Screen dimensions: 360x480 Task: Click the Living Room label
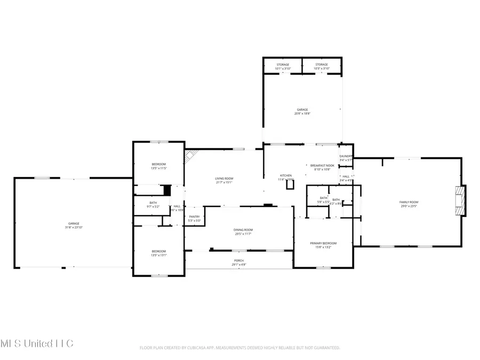point(224,179)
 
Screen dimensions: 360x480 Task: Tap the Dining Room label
point(243,230)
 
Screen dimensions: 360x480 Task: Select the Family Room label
point(409,202)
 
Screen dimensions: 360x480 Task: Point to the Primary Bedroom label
point(323,243)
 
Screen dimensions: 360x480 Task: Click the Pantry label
point(194,217)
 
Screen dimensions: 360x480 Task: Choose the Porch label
point(239,261)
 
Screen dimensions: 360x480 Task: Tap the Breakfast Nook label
point(322,166)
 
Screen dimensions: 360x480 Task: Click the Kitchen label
point(286,175)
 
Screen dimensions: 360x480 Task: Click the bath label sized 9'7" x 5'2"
point(153,203)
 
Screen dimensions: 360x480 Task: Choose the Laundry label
point(346,156)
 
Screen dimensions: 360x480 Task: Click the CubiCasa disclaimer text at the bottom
point(239,348)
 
